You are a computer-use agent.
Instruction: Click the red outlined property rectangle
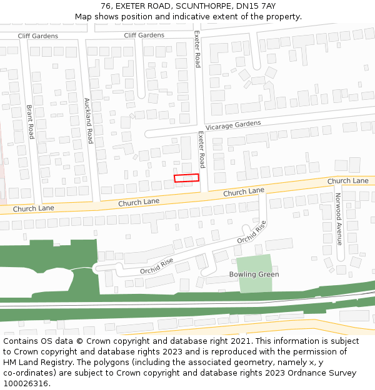point(186,178)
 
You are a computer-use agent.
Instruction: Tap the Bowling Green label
point(254,275)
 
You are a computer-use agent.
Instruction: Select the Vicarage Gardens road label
point(233,125)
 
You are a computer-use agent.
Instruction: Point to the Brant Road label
point(30,121)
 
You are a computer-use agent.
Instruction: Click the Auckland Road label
point(89,120)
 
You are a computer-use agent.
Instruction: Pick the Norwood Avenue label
point(339,218)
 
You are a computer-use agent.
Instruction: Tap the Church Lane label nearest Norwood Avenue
point(347,181)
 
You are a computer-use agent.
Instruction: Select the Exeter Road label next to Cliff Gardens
point(197,49)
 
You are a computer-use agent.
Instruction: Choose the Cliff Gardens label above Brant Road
point(37,36)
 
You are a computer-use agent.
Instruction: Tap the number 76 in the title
point(105,6)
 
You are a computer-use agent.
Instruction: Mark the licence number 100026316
point(26,384)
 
